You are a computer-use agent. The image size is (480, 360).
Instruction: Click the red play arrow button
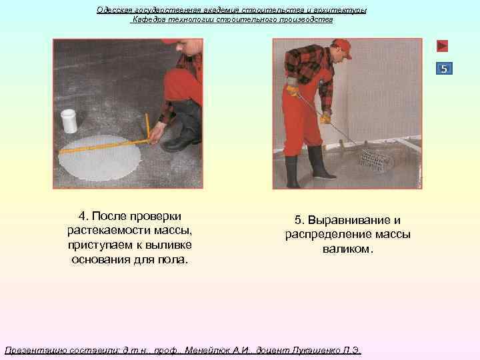click(x=442, y=46)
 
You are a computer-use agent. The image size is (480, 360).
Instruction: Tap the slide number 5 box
click(x=445, y=69)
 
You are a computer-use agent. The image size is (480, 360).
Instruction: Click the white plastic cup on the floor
click(x=69, y=121)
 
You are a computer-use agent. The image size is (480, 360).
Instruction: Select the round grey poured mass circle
click(x=99, y=157)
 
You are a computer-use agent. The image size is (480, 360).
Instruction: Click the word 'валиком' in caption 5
click(x=347, y=249)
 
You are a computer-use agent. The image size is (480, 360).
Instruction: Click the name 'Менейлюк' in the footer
click(x=208, y=350)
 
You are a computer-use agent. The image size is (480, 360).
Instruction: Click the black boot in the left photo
click(x=179, y=140)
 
